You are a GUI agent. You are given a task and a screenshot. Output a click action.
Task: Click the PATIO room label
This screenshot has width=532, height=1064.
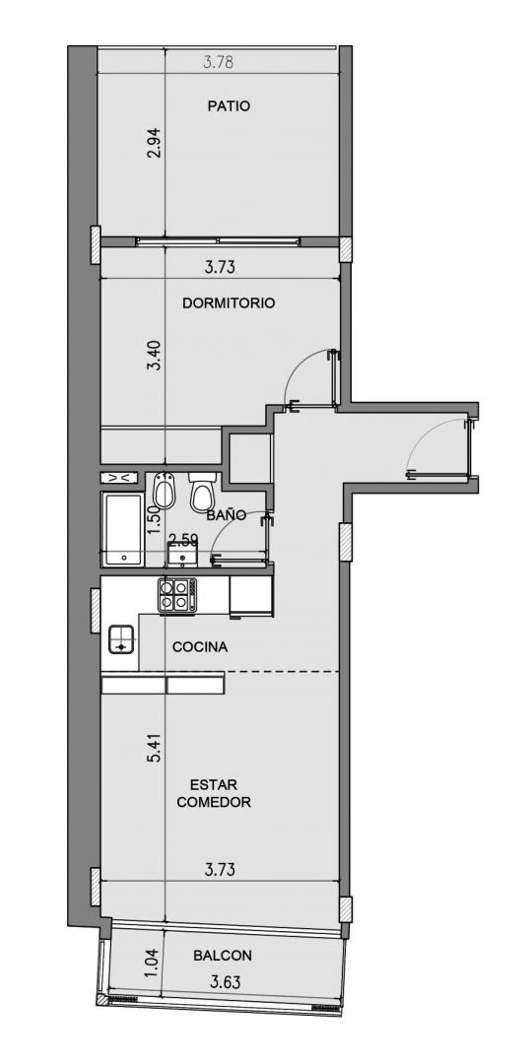tap(229, 105)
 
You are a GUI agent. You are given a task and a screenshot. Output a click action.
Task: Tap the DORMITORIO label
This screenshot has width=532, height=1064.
tap(229, 303)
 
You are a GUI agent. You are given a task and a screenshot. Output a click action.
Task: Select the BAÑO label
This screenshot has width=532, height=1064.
tap(227, 515)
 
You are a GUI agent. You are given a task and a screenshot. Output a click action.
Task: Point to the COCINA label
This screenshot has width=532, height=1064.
tap(200, 647)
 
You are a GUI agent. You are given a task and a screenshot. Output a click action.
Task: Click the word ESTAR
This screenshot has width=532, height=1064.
tap(213, 785)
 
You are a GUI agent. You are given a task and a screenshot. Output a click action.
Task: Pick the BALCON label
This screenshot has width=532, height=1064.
tap(223, 956)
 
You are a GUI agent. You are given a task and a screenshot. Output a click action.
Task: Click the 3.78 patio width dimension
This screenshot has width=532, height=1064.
tap(219, 62)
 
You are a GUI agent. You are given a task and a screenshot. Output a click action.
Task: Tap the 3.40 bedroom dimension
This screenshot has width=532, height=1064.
tap(156, 355)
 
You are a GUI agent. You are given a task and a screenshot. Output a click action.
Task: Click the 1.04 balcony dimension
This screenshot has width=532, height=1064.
tap(153, 963)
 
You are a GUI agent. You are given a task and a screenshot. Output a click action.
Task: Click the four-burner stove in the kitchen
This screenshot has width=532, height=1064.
tap(177, 594)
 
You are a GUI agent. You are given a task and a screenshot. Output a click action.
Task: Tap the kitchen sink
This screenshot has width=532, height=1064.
tap(121, 639)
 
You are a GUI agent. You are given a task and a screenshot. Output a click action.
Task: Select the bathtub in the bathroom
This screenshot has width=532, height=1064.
tap(123, 529)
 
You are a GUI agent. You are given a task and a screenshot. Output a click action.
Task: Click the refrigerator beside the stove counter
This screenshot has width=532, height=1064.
tap(251, 597)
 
